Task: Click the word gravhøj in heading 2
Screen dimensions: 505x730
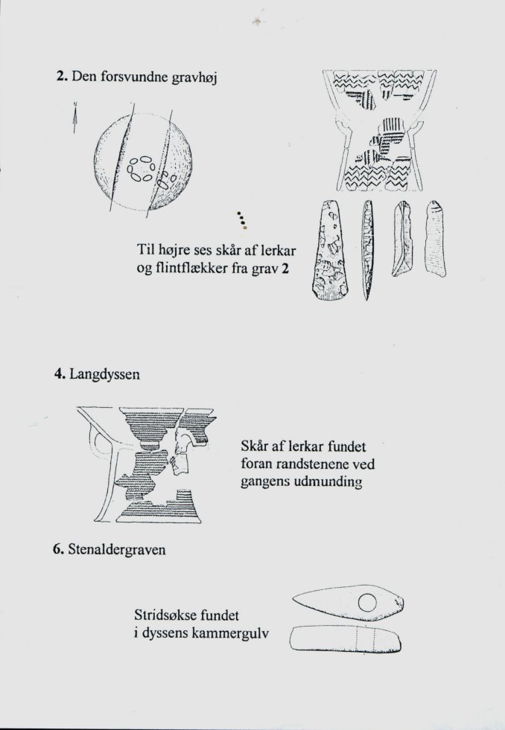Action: point(194,77)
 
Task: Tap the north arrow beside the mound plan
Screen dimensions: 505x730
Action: point(74,118)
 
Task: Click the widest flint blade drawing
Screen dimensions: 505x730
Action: point(328,251)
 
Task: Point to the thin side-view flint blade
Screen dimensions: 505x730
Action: point(367,250)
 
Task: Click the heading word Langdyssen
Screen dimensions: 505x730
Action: point(104,375)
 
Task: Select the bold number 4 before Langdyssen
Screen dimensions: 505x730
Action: point(59,374)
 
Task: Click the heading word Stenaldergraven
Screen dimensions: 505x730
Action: point(117,551)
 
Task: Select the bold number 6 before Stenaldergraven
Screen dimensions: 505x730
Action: point(58,549)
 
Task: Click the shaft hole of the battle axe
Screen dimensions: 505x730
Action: point(367,603)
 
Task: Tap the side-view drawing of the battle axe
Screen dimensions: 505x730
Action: point(346,638)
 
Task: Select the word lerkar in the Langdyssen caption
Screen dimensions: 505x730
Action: point(306,447)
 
